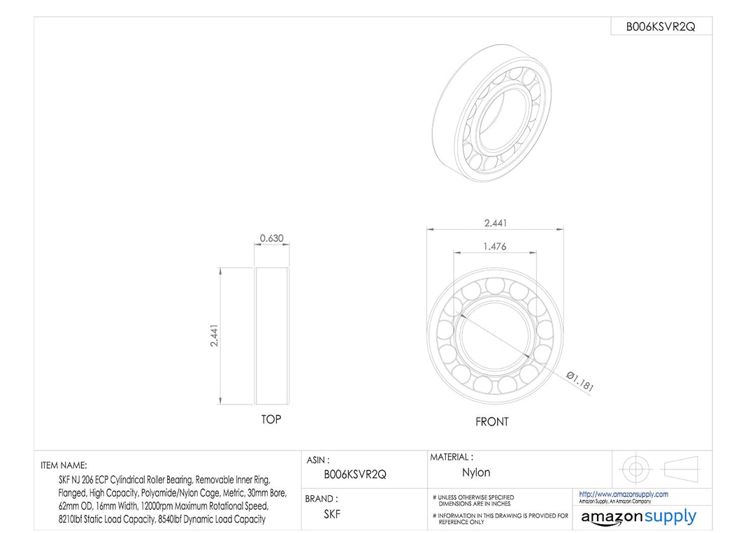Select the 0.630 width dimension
coord(271,238)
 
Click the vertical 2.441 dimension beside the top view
coord(215,335)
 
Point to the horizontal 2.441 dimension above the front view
coord(496,224)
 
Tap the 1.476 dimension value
coord(495,247)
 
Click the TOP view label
coord(271,419)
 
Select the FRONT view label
coord(492,422)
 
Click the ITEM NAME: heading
coord(64,465)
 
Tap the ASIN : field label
coord(318,460)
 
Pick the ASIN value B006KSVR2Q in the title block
coord(354,474)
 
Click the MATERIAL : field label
coord(451,457)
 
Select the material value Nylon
coord(476,473)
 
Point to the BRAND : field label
coord(321,499)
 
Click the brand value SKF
coord(333,513)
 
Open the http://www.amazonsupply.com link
coord(623,494)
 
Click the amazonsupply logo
coord(638,517)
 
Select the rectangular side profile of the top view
coord(272,336)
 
